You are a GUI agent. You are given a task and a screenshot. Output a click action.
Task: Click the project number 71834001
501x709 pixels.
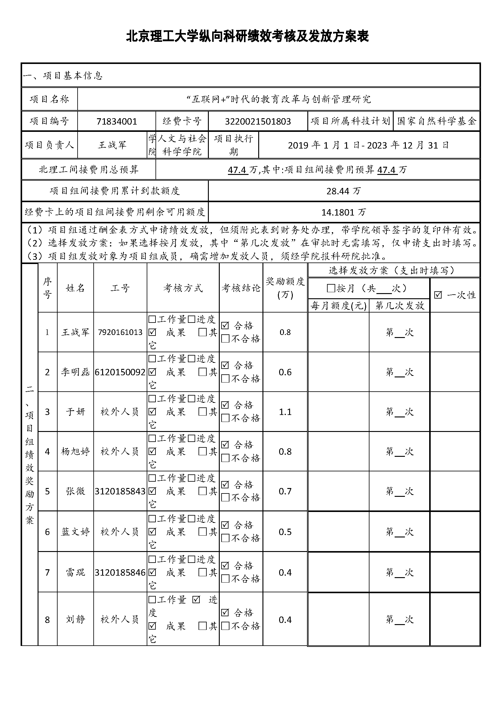pos(117,121)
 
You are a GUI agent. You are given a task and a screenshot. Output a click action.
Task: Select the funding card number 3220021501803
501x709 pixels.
pos(258,121)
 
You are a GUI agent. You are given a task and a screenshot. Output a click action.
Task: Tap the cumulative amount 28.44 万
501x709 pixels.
pos(343,191)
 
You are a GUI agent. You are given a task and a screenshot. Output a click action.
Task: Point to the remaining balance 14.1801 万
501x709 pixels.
pos(343,212)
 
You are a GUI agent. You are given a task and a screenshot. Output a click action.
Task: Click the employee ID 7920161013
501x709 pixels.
pos(120,332)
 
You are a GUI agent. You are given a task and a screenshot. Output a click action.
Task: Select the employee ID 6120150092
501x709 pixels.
pos(120,372)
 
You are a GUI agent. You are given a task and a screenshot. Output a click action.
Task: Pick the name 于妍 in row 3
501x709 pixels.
pos(75,412)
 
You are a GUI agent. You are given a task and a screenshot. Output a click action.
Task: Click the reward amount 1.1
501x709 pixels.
pos(285,412)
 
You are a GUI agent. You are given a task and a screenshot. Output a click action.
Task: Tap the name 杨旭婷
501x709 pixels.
pos(75,451)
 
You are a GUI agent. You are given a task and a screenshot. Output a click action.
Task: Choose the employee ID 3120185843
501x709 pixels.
pos(120,491)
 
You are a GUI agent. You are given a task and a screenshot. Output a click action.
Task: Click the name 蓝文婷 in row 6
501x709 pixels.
pos(75,532)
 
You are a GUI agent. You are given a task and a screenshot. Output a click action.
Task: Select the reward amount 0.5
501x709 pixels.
pos(285,532)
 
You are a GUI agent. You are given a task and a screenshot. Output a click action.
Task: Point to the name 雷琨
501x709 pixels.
pos(75,573)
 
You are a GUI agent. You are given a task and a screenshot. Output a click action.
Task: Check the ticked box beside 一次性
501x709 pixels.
pos(438,295)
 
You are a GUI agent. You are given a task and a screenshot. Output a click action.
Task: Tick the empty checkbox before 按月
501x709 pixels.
pos(331,288)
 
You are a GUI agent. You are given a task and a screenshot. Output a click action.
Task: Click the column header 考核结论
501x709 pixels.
pos(241,288)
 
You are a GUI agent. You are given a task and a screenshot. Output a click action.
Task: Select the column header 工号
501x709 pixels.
pos(120,288)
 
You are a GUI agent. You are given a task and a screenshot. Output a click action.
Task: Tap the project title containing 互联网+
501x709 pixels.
pos(279,99)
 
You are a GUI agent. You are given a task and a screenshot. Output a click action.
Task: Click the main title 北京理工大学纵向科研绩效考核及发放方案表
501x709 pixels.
pos(247,36)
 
